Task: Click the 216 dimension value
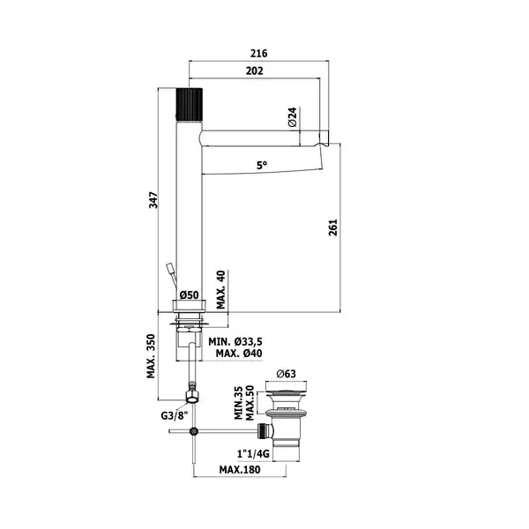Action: [258, 53]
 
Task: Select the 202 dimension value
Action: [255, 71]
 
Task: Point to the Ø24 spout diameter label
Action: [293, 116]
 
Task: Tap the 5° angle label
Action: [262, 166]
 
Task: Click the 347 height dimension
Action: [153, 200]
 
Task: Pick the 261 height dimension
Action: [333, 227]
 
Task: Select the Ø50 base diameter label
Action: [190, 294]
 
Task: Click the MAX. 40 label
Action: [220, 290]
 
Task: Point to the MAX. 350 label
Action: [151, 356]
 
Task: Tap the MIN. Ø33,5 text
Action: [235, 342]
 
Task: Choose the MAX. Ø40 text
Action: [239, 354]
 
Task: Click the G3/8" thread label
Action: [174, 415]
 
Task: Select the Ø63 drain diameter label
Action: [286, 374]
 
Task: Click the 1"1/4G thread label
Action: [253, 454]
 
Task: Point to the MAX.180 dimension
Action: [240, 470]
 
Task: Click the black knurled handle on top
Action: [190, 105]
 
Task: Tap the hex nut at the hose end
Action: [192, 396]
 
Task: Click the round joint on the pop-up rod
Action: [194, 431]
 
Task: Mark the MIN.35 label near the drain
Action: [239, 403]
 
